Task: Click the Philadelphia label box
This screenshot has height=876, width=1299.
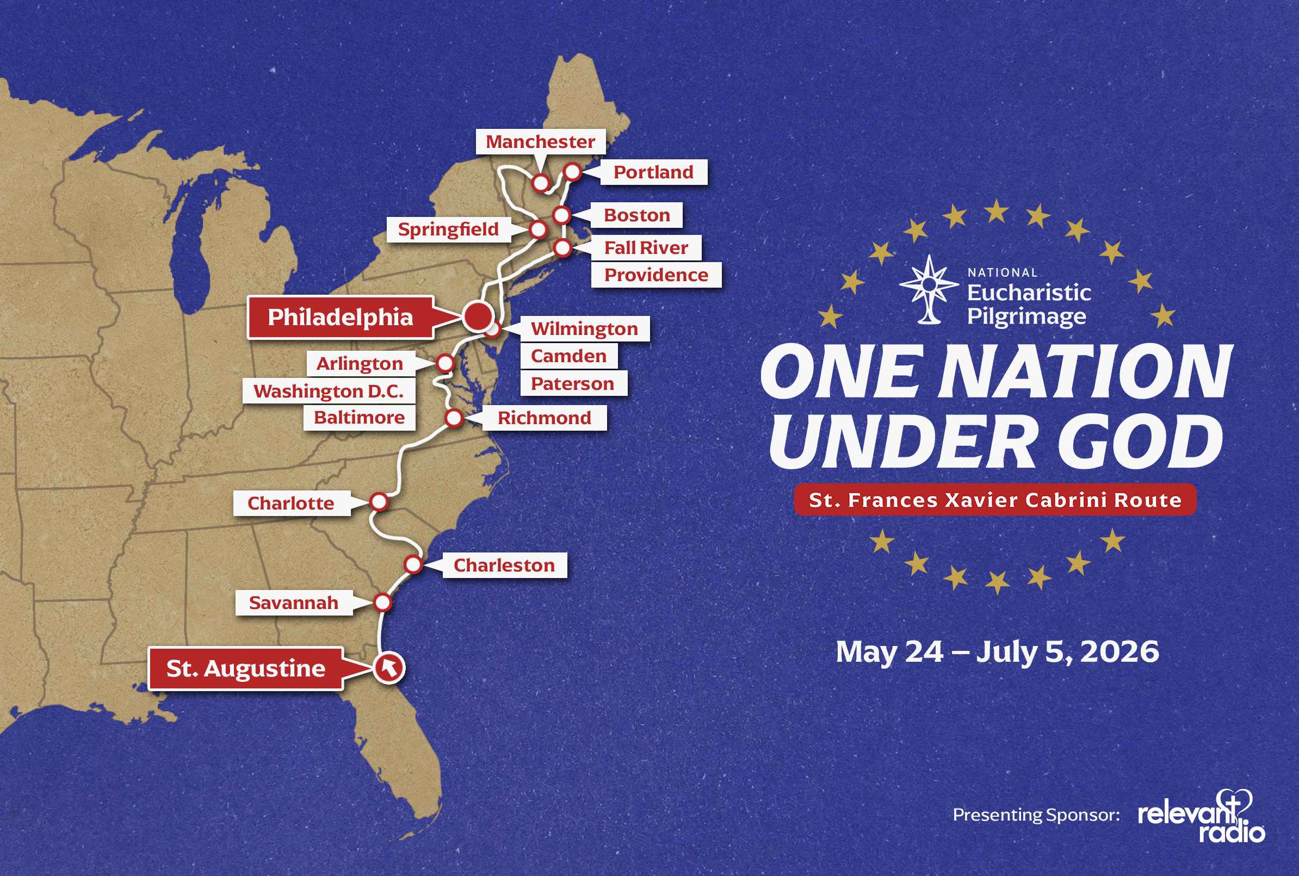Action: (341, 317)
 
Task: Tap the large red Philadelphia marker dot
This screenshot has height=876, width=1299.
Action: (478, 316)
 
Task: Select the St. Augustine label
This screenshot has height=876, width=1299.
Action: (246, 668)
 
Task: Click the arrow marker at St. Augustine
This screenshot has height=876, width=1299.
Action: (389, 667)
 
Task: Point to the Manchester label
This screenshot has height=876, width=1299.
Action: (540, 142)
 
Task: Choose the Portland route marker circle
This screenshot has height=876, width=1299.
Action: (573, 171)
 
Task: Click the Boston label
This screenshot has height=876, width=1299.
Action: (637, 215)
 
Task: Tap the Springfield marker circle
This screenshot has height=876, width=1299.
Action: (538, 229)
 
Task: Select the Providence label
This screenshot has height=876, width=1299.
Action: (656, 275)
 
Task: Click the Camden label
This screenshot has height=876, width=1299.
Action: (568, 356)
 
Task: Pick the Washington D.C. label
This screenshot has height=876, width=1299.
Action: (329, 391)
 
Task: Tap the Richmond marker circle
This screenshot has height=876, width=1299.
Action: (454, 417)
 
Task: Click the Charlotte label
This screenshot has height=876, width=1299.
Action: (290, 504)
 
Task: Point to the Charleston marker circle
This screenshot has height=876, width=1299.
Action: (413, 564)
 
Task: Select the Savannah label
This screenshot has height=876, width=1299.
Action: (293, 603)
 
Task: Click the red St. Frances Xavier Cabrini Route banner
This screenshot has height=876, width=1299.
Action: (995, 500)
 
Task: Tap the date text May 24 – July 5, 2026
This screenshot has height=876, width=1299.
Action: (997, 651)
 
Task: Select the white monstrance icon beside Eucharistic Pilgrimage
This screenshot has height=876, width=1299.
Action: (929, 289)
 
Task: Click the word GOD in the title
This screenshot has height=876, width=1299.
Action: (1140, 442)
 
